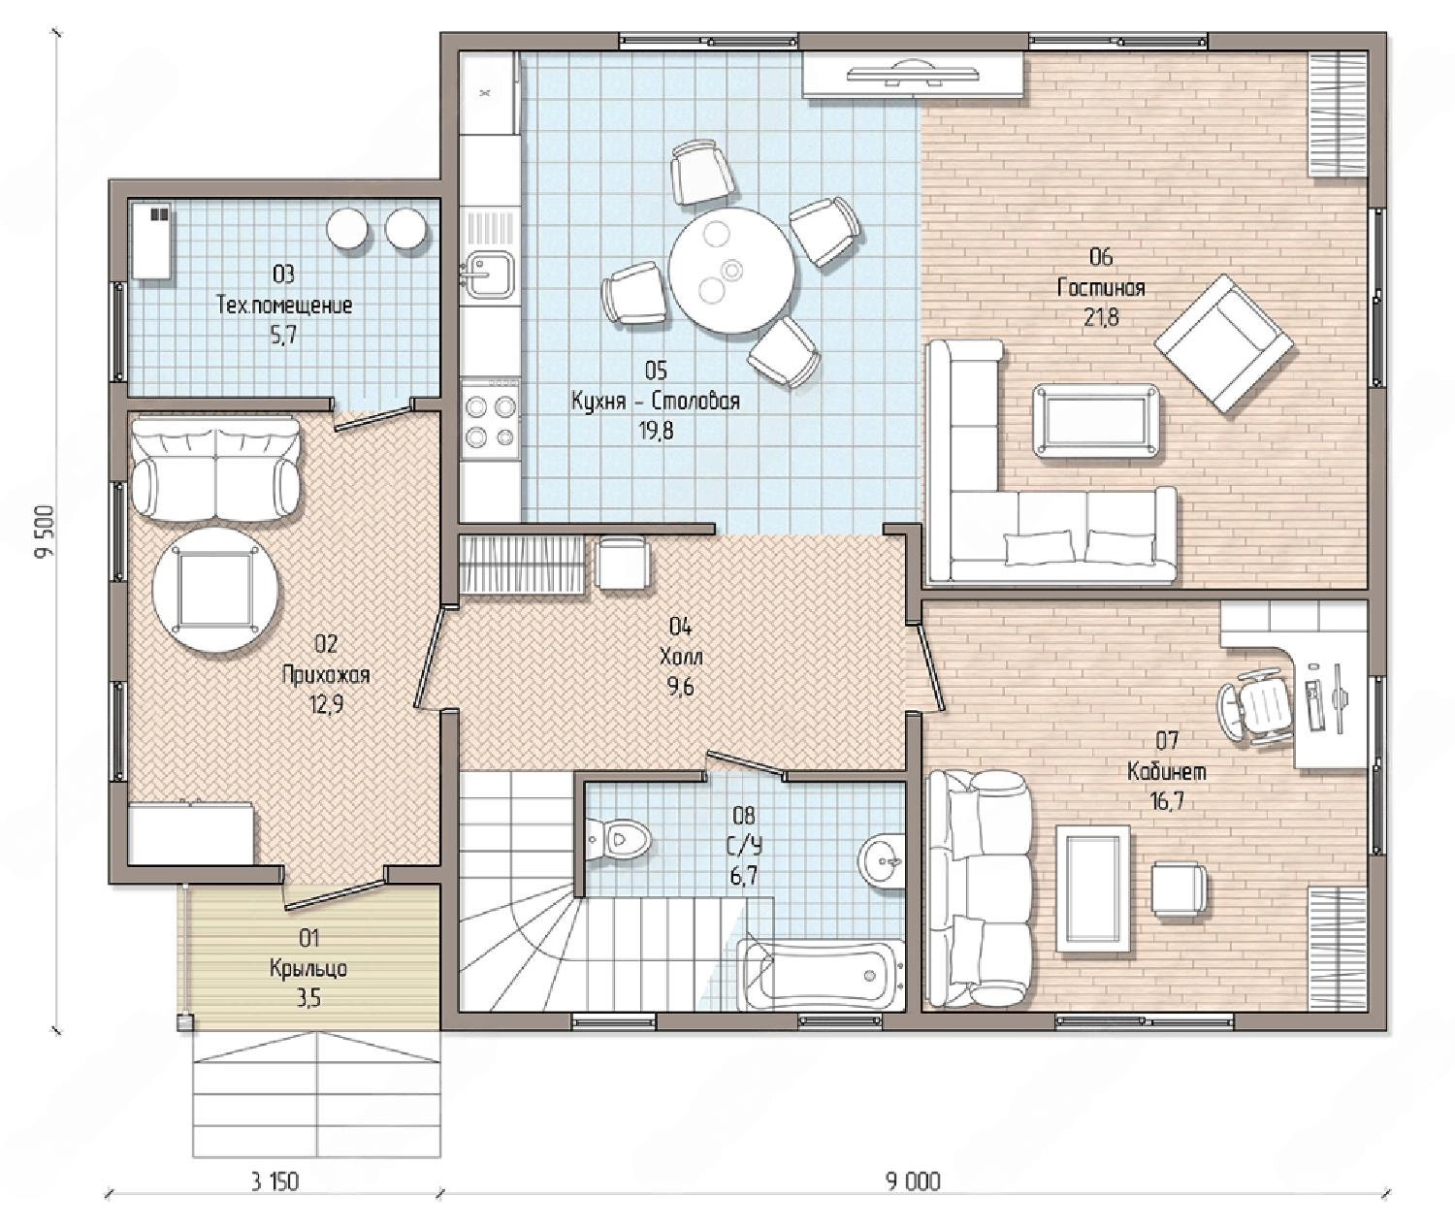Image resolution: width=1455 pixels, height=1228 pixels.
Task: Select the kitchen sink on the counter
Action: point(489,274)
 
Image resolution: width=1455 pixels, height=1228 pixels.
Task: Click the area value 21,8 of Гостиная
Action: point(1101,318)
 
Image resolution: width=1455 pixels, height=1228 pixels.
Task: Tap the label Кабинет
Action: point(1167,771)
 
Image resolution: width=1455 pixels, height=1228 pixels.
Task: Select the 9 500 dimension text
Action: point(44,531)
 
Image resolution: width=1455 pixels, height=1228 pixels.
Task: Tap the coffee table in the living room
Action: point(1097,420)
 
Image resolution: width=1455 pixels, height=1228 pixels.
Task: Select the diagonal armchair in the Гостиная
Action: point(1223,343)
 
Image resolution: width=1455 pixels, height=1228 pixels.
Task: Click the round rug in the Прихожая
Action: point(217,590)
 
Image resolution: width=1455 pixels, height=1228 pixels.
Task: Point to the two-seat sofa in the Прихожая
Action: point(216,468)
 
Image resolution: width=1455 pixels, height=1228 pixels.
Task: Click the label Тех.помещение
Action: point(284,306)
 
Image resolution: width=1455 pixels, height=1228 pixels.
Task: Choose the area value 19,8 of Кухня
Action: point(656,432)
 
